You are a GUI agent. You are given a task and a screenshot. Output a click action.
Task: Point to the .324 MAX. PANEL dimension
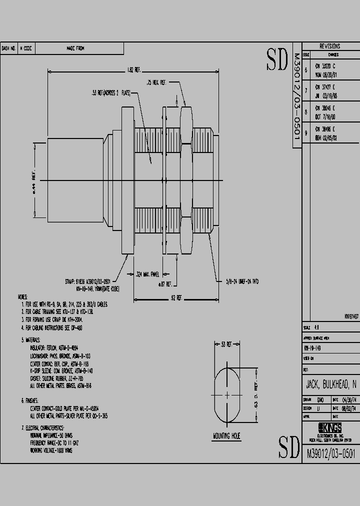pyautogui.click(x=148, y=274)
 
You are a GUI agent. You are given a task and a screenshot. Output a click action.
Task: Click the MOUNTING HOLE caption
pyautogui.click(x=226, y=436)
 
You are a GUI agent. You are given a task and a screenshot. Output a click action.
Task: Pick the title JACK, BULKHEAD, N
pyautogui.click(x=330, y=384)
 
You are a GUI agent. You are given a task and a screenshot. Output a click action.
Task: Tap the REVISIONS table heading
pyautogui.click(x=329, y=45)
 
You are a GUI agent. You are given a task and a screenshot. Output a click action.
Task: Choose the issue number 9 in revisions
pyautogui.click(x=306, y=133)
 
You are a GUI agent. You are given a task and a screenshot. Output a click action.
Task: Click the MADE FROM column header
pyautogui.click(x=75, y=48)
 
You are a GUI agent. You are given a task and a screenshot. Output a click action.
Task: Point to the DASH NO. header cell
pyautogui.click(x=9, y=48)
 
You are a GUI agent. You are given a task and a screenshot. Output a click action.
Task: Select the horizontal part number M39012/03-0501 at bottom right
pyautogui.click(x=329, y=453)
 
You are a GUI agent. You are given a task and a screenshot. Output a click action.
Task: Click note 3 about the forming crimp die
pyautogui.click(x=51, y=318)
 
